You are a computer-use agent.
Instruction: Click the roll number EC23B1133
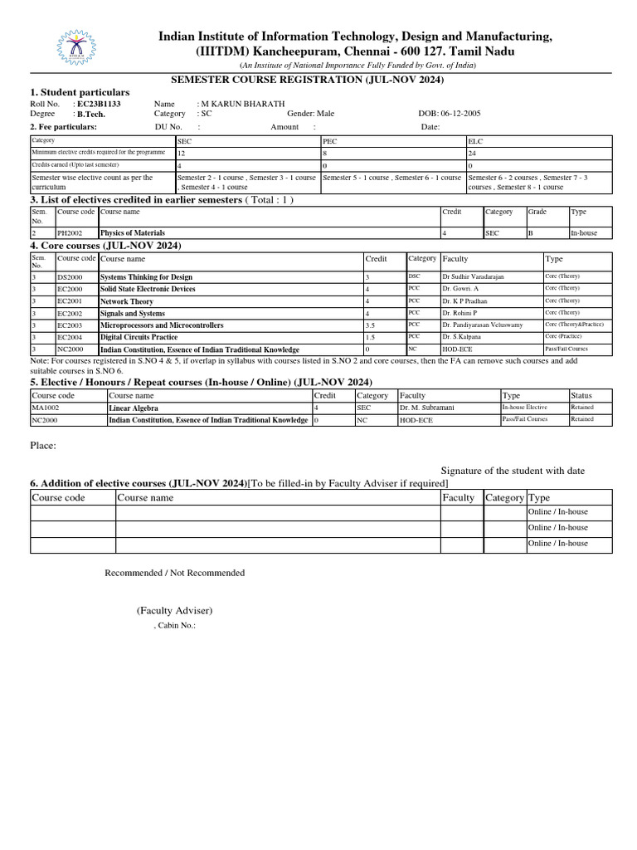(x=99, y=104)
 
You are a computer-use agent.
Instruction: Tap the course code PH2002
(x=71, y=233)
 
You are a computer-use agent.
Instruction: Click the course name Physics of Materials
(x=133, y=233)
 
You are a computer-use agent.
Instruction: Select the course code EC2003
(x=71, y=325)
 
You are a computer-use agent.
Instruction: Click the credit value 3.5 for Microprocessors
(x=371, y=325)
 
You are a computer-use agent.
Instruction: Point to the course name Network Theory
(x=127, y=301)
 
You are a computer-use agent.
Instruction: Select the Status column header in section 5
(x=581, y=396)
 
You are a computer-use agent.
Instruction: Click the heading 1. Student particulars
(x=80, y=91)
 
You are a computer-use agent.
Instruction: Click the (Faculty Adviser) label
(x=175, y=611)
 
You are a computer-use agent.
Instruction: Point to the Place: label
(x=43, y=446)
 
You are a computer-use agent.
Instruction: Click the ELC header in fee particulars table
(x=475, y=142)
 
